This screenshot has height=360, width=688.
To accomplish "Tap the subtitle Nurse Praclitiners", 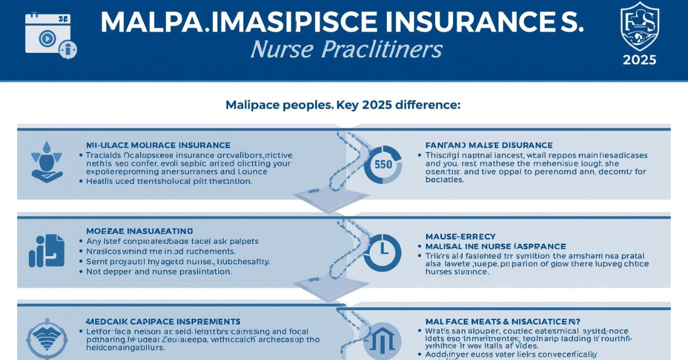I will point(346,50).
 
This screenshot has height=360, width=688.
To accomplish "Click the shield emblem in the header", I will point(640,26).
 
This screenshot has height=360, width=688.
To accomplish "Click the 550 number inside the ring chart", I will point(382,165).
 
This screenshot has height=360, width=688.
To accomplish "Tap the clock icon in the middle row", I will point(382,252).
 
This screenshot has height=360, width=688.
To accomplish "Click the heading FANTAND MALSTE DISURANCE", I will point(489,145).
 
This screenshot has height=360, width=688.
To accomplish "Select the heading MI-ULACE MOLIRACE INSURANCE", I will point(158,145).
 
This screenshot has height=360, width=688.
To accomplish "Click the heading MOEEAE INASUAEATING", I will point(139,230).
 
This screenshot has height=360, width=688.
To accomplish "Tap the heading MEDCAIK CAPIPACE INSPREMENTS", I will point(163,322).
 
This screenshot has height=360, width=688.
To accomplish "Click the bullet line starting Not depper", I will point(159,272).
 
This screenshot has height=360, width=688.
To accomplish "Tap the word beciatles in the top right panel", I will point(444,179).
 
